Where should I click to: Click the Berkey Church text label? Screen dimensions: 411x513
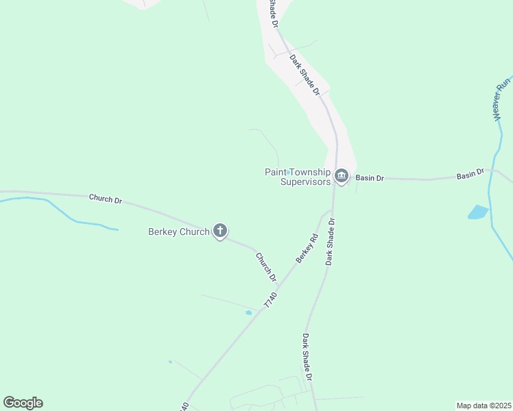pyautogui.click(x=178, y=232)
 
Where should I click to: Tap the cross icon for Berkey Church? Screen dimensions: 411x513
pyautogui.click(x=220, y=230)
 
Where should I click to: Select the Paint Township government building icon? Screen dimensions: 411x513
pyautogui.click(x=342, y=176)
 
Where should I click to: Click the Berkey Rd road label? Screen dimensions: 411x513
pyautogui.click(x=307, y=249)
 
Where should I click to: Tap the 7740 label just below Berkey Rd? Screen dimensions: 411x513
pyautogui.click(x=271, y=299)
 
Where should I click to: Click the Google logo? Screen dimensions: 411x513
pyautogui.click(x=23, y=403)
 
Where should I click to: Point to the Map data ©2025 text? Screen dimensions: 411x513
pyautogui.click(x=484, y=405)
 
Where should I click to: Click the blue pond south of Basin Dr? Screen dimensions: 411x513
pyautogui.click(x=478, y=212)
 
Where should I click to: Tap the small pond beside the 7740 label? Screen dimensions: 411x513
pyautogui.click(x=248, y=313)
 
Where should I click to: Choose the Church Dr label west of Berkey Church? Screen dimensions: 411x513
pyautogui.click(x=105, y=200)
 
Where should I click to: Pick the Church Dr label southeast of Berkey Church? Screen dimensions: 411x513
pyautogui.click(x=265, y=267)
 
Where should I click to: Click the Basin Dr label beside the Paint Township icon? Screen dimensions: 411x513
pyautogui.click(x=370, y=178)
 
